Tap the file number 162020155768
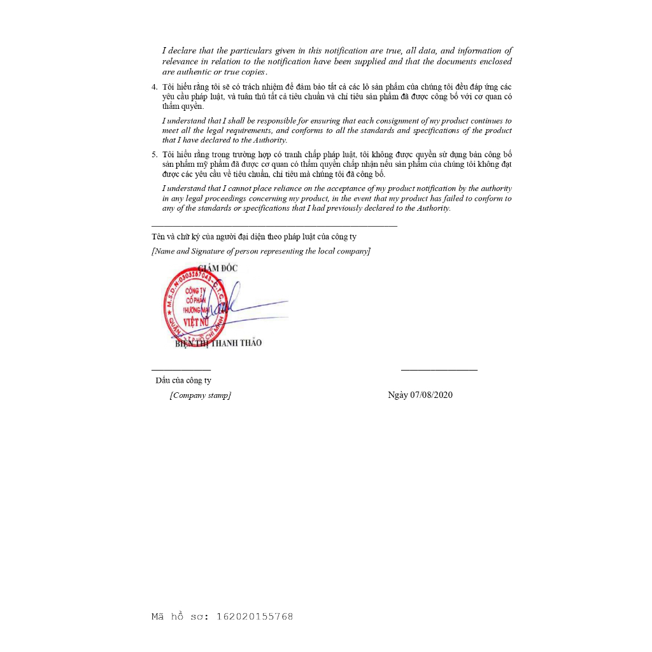255,616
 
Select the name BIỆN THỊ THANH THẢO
218,343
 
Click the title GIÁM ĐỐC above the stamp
218,268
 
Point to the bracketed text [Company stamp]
201,395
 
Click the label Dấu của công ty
183,380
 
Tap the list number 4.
153,87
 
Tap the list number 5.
153,154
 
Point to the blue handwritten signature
248,307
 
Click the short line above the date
439,370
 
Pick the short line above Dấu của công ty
181,370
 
